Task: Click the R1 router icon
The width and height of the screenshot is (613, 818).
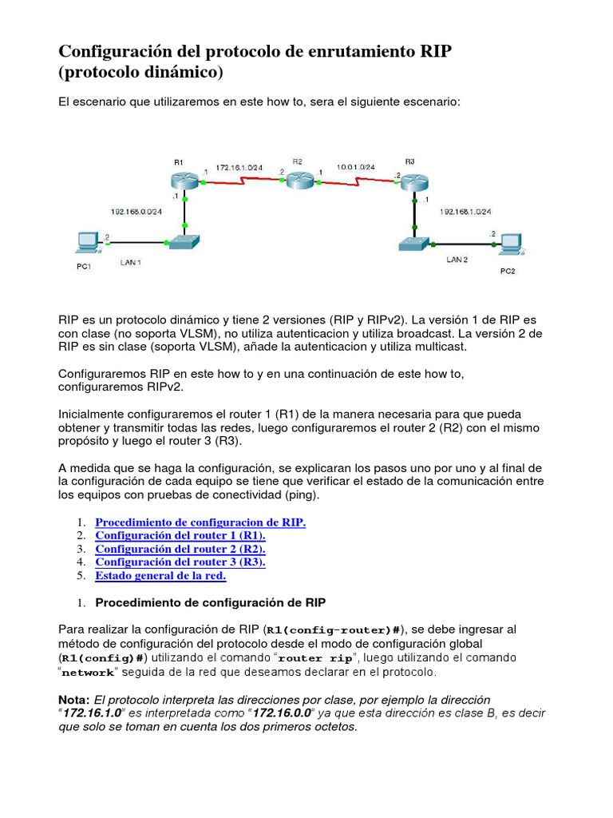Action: pyautogui.click(x=184, y=181)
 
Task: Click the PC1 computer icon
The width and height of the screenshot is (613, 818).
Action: pyautogui.click(x=84, y=243)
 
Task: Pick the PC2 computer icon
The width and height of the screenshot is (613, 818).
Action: pyautogui.click(x=508, y=243)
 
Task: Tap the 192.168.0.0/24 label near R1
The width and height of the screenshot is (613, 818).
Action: pyautogui.click(x=136, y=211)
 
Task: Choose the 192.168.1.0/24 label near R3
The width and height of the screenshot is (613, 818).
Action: pyautogui.click(x=465, y=212)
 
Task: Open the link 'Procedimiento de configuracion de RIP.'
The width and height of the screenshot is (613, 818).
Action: pyautogui.click(x=200, y=522)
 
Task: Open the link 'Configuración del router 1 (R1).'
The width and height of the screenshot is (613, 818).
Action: pyautogui.click(x=180, y=535)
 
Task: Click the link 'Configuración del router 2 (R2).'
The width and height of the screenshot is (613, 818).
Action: pyautogui.click(x=180, y=549)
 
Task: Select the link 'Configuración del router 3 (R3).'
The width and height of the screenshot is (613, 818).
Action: pyautogui.click(x=180, y=562)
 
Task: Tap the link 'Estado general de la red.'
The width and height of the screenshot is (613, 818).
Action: pyautogui.click(x=160, y=575)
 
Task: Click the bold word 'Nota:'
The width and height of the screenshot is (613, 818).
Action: pyautogui.click(x=75, y=699)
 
